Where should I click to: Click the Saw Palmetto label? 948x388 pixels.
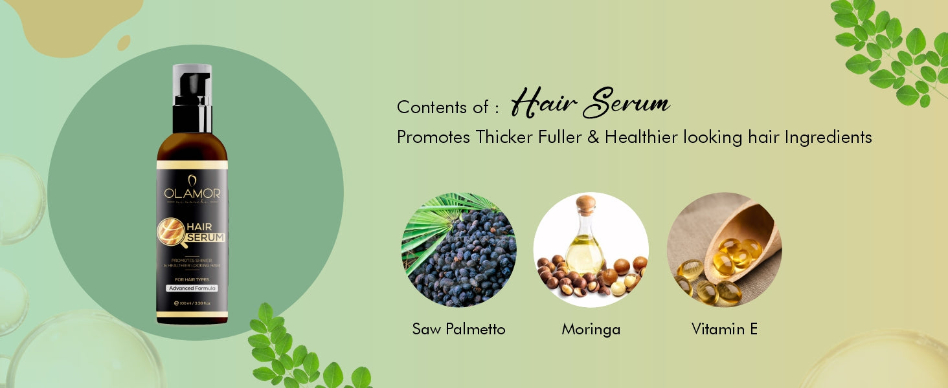point(458,329)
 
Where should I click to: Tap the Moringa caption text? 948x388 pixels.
point(591,329)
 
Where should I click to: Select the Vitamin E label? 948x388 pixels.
point(724,329)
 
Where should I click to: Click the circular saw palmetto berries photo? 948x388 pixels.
point(458,250)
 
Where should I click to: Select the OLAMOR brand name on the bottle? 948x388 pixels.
point(192,193)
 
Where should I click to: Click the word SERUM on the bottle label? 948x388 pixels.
point(206,238)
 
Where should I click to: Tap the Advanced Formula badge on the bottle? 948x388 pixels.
point(192,288)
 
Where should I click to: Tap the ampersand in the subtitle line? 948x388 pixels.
point(592,138)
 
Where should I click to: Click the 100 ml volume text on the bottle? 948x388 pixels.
point(188,303)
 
